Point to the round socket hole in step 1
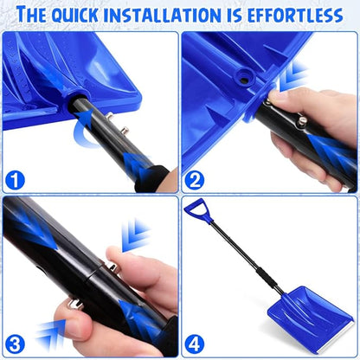tap(68, 88)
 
